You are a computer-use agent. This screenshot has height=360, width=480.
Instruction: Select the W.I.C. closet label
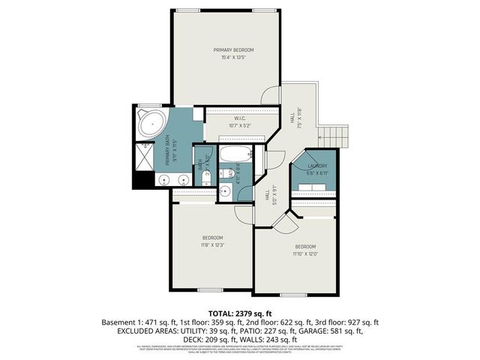pos(240,118)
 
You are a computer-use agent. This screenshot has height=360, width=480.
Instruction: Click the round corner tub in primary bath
pos(152,123)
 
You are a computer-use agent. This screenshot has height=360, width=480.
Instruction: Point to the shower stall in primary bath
pos(147,155)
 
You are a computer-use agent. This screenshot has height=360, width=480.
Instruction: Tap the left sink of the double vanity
pos(164,180)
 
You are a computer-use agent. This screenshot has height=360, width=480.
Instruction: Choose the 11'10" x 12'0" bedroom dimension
pos(305,254)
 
